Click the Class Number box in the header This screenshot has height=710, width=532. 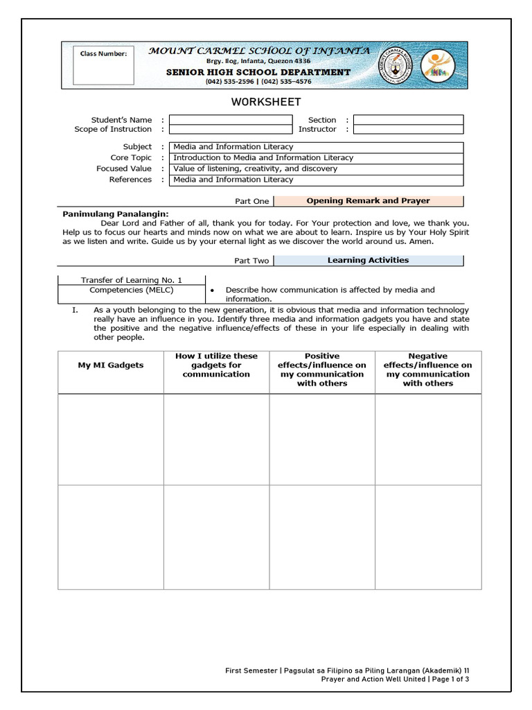click(x=104, y=66)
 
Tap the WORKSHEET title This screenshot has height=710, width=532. click(x=265, y=102)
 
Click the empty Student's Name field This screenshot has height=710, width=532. click(x=231, y=120)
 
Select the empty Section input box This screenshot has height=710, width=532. click(x=408, y=120)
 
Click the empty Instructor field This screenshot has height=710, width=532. click(x=408, y=130)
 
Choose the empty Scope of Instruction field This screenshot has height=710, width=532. click(x=231, y=130)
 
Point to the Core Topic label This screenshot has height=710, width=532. click(x=131, y=158)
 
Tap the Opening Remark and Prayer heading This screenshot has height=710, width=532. click(x=368, y=201)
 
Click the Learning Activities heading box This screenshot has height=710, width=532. click(x=368, y=261)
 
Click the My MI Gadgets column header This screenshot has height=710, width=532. click(x=111, y=365)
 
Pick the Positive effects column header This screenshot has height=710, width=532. click(x=322, y=370)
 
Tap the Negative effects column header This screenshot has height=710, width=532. click(x=428, y=370)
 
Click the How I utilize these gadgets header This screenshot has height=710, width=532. click(x=216, y=365)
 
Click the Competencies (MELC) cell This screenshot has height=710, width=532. click(x=131, y=290)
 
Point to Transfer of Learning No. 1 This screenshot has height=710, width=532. click(x=131, y=280)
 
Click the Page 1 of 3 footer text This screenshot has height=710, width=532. click(x=451, y=679)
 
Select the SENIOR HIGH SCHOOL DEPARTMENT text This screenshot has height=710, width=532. click(x=258, y=72)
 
